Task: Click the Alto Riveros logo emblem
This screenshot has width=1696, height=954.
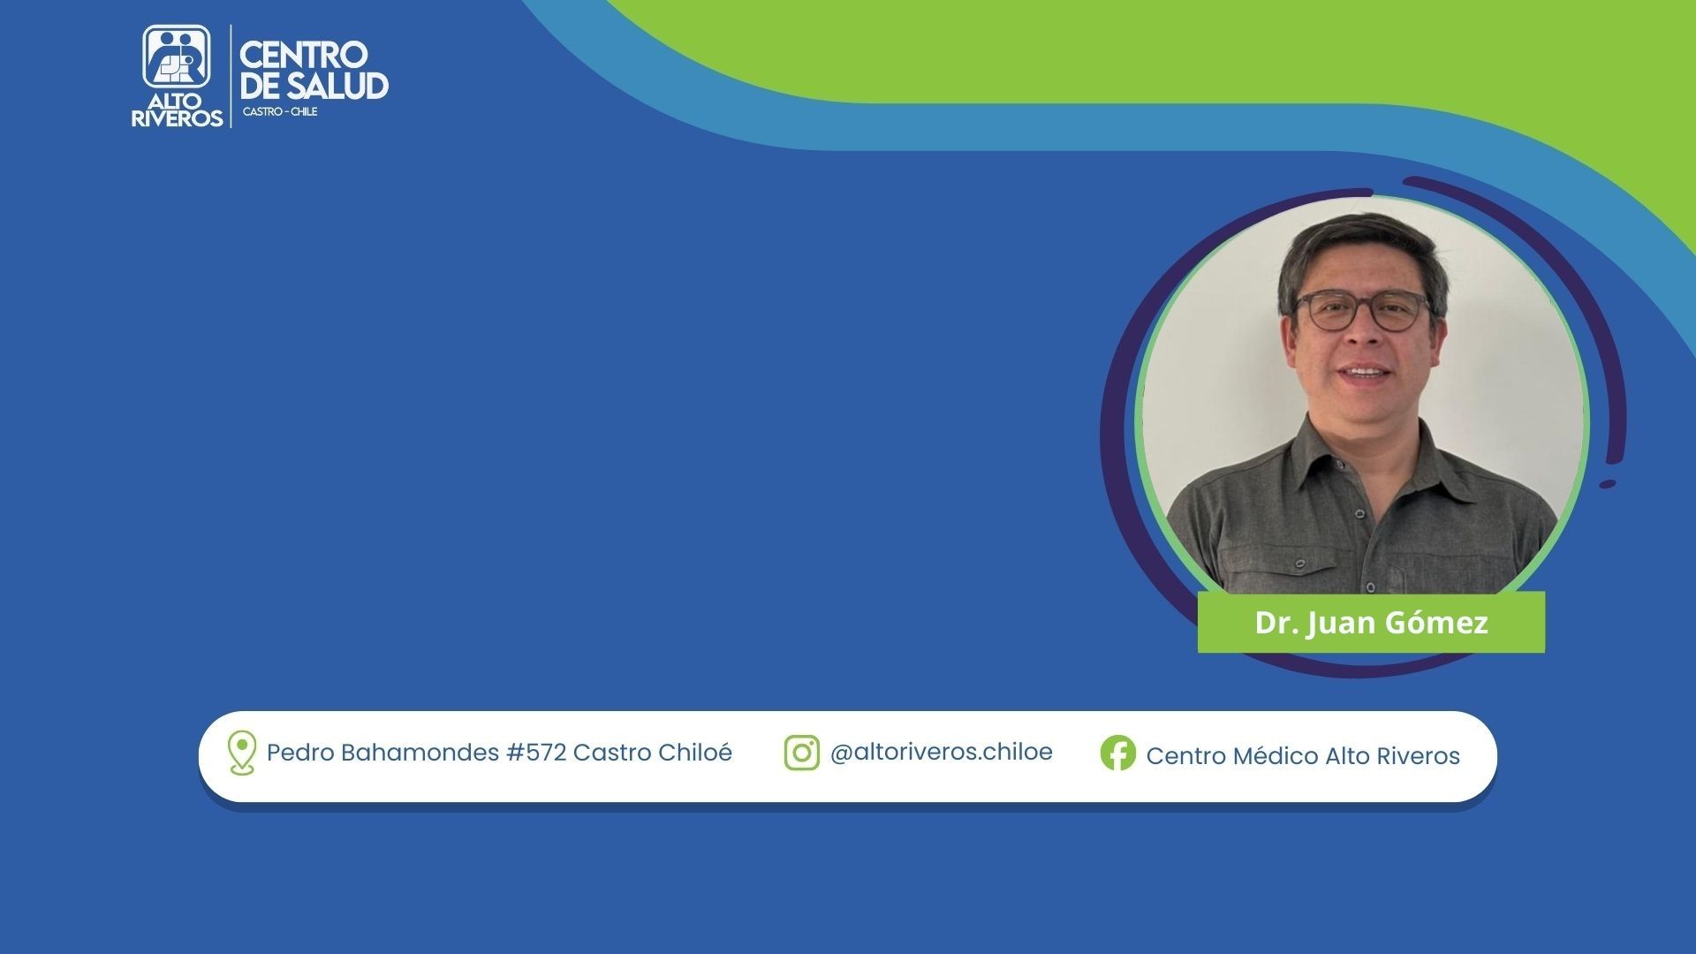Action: (177, 57)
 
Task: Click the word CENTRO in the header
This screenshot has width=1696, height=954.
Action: (303, 55)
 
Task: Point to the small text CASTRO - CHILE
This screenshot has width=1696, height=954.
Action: (280, 112)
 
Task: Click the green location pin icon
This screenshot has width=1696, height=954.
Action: (241, 753)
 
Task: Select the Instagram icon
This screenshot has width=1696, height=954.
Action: (801, 753)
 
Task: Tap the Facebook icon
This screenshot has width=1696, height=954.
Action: (1118, 753)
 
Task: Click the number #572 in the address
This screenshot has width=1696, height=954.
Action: (535, 753)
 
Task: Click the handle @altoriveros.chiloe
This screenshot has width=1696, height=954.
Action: (942, 752)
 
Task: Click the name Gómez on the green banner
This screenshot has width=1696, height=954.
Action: (1435, 623)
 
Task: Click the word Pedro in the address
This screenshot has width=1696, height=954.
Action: (300, 753)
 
